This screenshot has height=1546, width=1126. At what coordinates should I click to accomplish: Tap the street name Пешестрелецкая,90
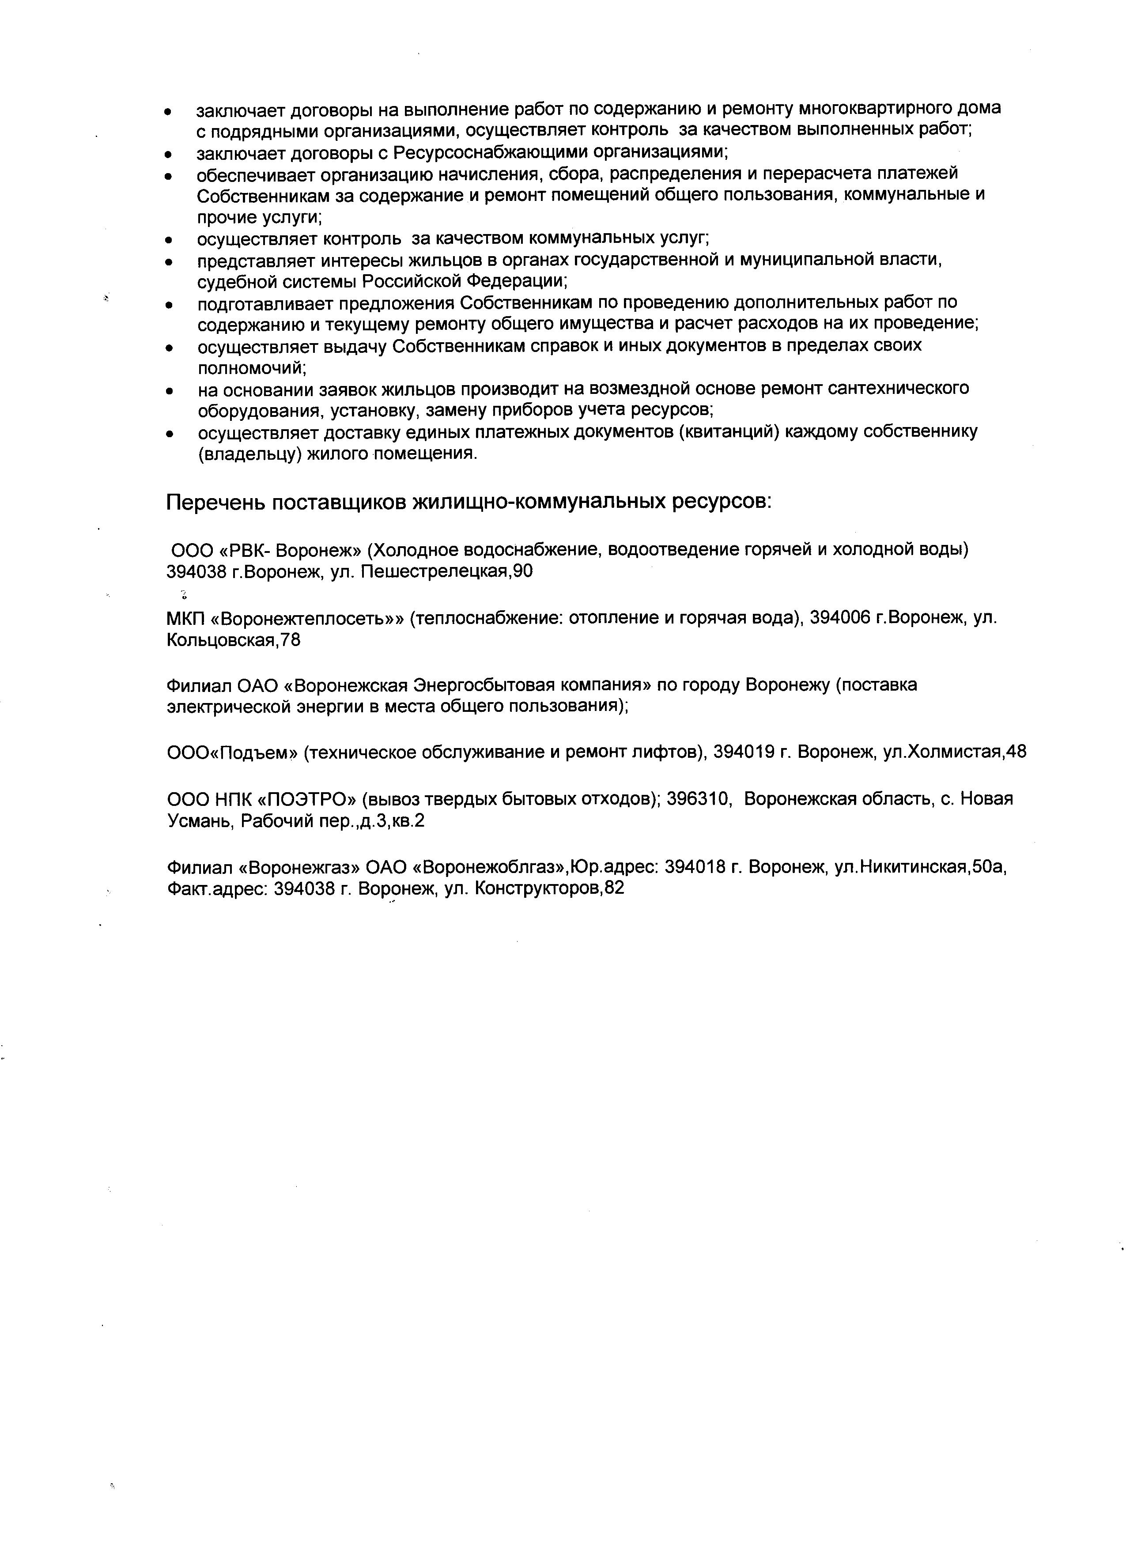coord(446,571)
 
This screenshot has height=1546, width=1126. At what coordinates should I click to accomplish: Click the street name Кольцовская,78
coord(233,640)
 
